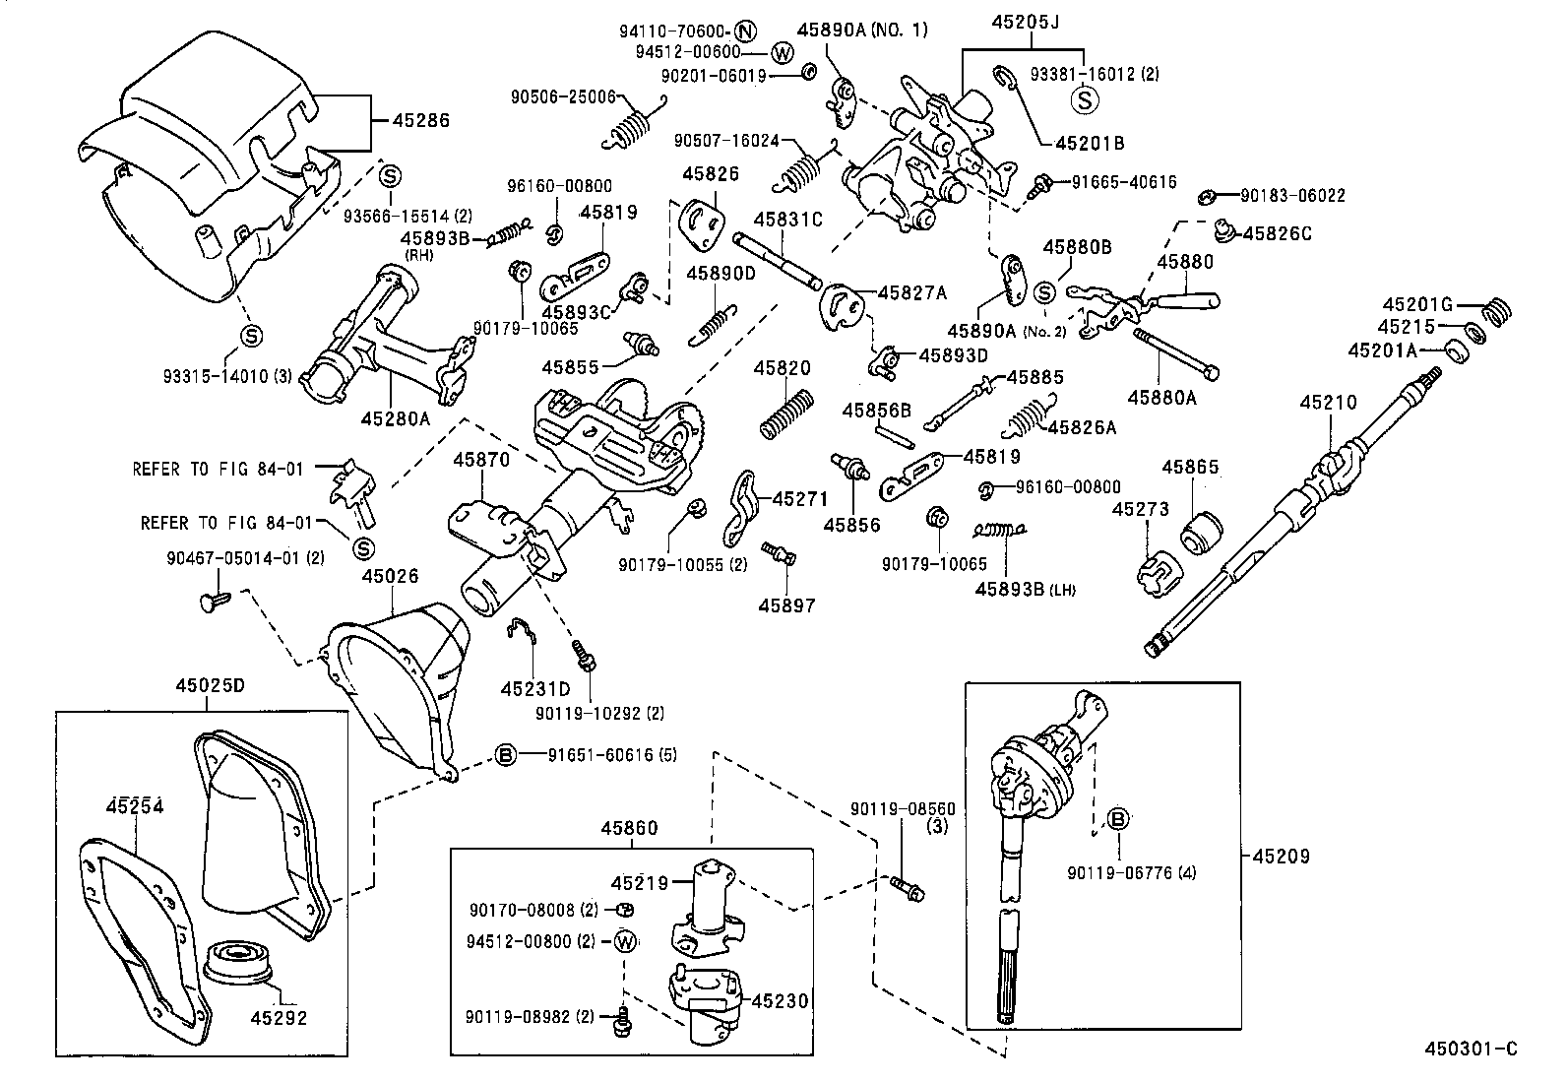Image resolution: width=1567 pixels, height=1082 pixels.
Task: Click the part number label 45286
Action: pos(420,121)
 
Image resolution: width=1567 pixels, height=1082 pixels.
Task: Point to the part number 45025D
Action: pos(210,685)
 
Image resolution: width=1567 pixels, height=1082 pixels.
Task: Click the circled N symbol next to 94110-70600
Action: pos(745,30)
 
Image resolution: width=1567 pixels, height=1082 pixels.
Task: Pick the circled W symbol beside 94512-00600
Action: pos(782,52)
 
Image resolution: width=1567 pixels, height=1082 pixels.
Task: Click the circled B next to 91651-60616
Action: pos(505,755)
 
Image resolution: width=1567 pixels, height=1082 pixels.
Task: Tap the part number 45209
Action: pos(1281,856)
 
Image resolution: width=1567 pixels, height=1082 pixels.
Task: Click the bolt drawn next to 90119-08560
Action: pos(907,888)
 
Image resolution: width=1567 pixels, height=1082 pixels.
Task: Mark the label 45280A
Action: pos(396,417)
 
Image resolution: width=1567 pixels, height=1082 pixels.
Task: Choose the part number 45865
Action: pos(1190,468)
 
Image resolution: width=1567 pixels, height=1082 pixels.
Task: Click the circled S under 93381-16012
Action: pos(1084,99)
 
